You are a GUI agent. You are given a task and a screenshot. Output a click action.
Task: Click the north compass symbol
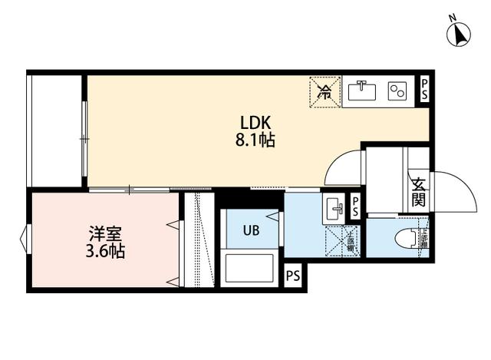(x=459, y=33)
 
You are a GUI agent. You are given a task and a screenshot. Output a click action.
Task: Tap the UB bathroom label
(x=251, y=230)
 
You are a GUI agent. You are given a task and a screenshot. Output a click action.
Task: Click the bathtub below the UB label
(x=249, y=269)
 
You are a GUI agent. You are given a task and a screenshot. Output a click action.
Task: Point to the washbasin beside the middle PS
(x=334, y=207)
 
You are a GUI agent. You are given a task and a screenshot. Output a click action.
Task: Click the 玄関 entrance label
(x=419, y=193)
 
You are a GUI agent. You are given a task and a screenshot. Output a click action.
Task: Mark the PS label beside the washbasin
(x=355, y=206)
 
